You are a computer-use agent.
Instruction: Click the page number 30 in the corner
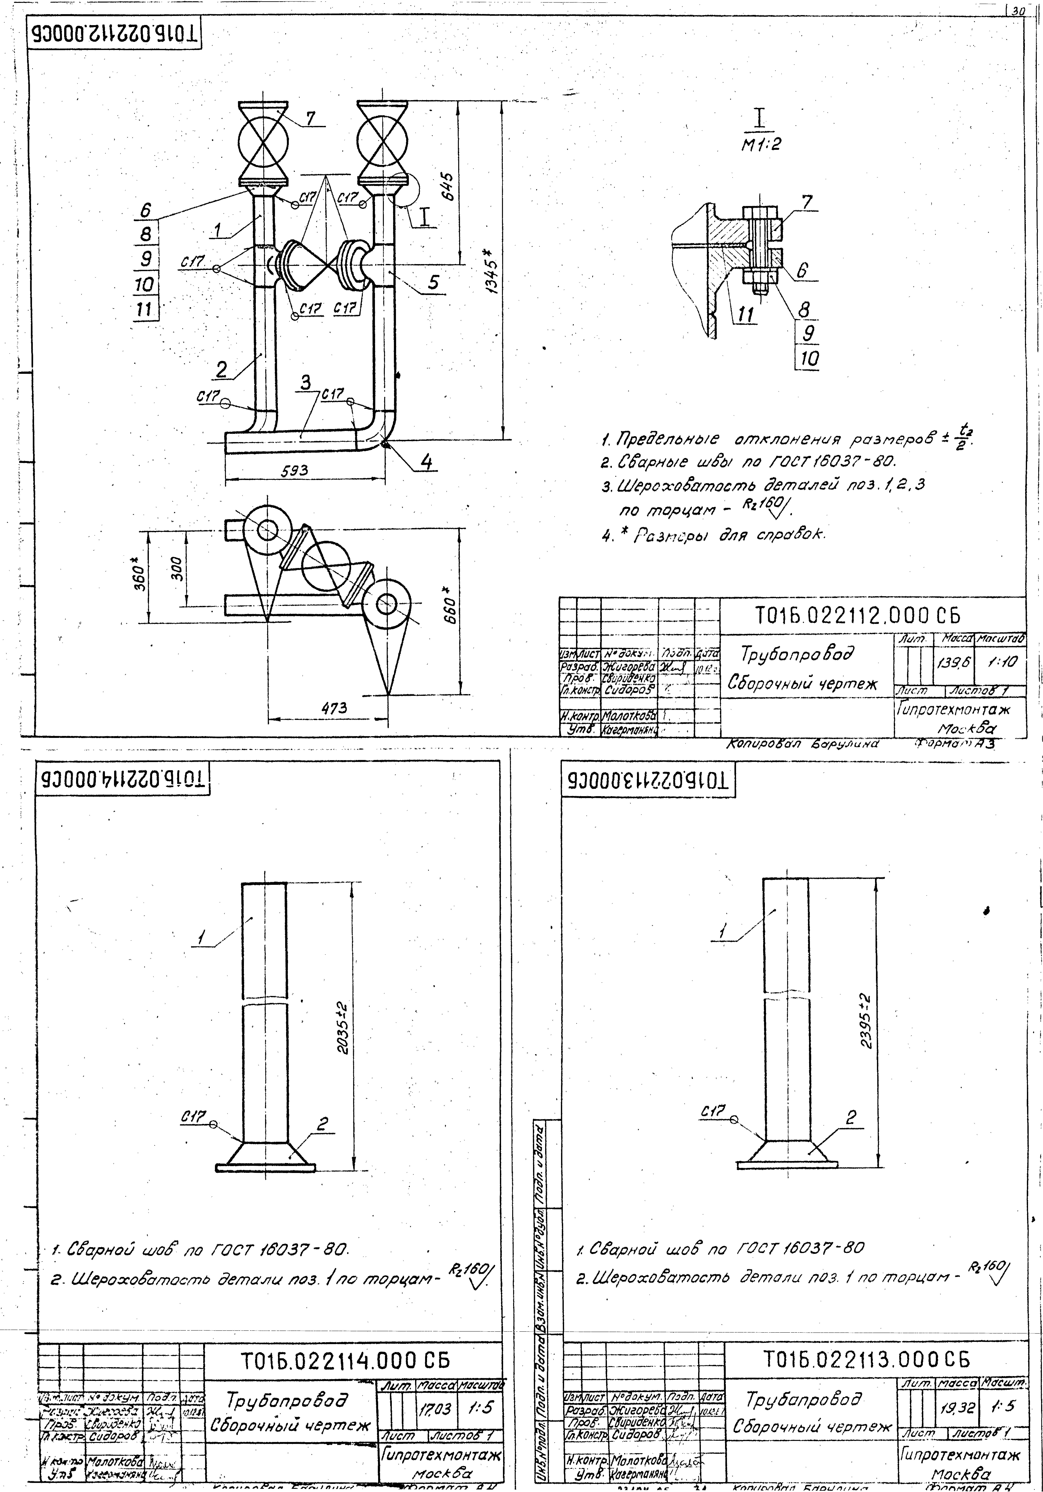(1017, 10)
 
